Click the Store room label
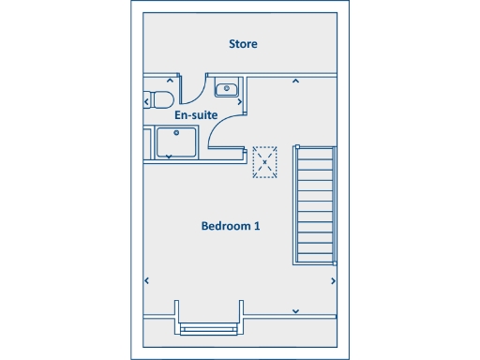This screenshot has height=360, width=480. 244,44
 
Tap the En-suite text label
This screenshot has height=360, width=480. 197,115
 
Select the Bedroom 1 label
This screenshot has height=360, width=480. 231,226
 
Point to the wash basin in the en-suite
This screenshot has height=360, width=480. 225,89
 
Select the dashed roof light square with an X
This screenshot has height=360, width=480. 265,161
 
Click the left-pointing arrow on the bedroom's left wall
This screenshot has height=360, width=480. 146,279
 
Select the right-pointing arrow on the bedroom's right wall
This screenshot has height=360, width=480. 334,279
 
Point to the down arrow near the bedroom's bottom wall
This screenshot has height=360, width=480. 295,310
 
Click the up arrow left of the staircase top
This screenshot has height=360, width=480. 295,82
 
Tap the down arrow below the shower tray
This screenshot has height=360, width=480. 169,157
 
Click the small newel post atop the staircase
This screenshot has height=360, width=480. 298,147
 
